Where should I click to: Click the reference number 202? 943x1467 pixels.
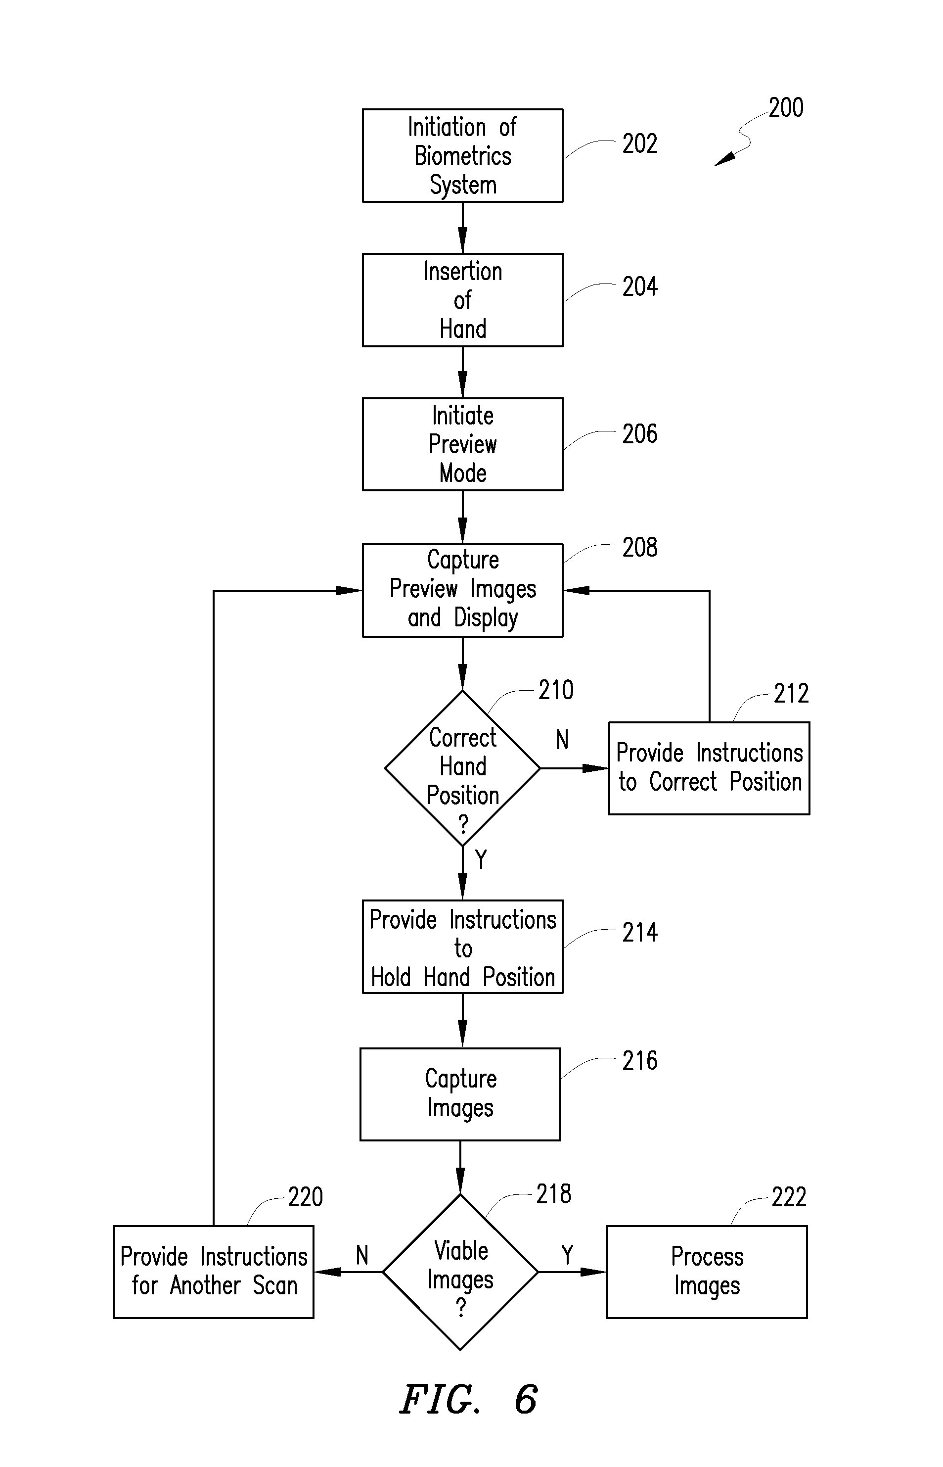pos(639,143)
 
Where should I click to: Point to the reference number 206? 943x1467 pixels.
pos(639,434)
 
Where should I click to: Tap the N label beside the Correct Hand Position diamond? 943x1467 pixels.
pos(562,740)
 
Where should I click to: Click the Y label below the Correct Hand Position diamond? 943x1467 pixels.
pos(481,860)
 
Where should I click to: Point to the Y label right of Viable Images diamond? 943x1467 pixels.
pos(567,1256)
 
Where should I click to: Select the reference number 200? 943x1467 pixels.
pos(786,108)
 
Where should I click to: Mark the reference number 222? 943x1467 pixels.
pos(789,1197)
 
